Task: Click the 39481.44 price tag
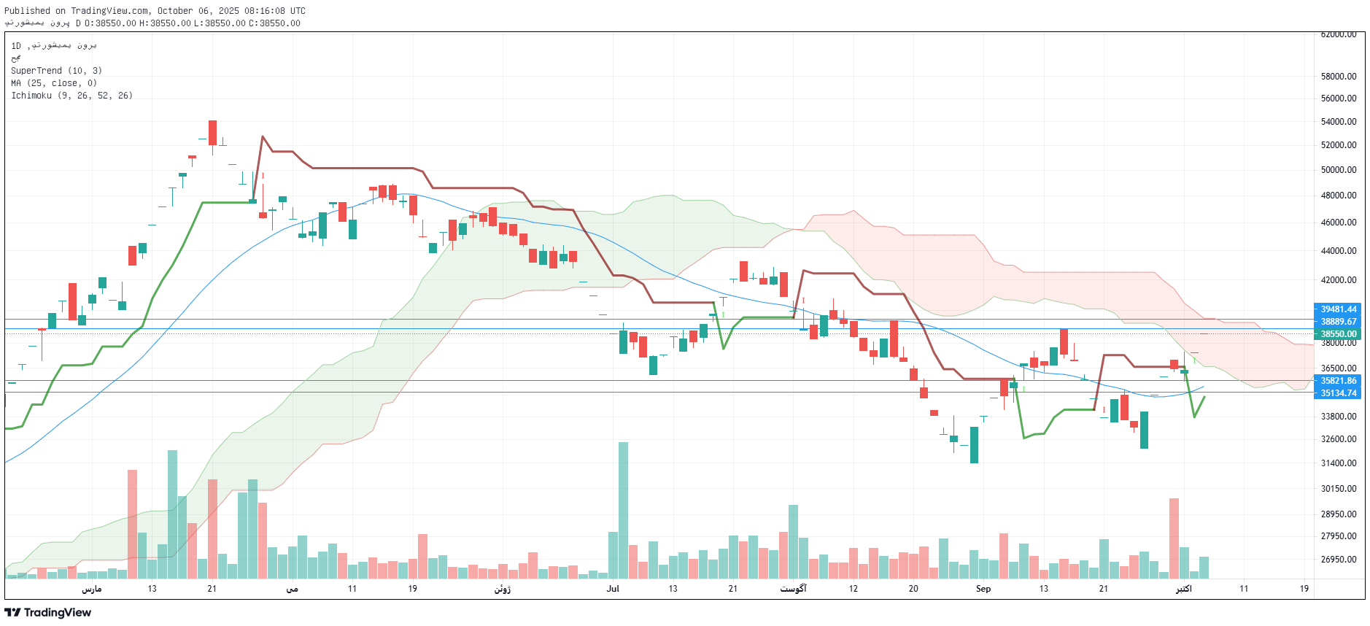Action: (x=1338, y=309)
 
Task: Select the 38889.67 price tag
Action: (x=1338, y=322)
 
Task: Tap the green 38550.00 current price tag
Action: (x=1338, y=334)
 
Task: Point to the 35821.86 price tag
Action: (x=1338, y=381)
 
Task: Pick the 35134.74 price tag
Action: (x=1338, y=393)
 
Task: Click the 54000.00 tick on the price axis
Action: (x=1339, y=122)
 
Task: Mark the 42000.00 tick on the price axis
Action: (x=1339, y=280)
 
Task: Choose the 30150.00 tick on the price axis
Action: (x=1339, y=489)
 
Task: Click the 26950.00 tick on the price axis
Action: (x=1339, y=560)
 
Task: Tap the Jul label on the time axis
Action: (x=613, y=589)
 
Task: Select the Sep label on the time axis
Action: (x=983, y=589)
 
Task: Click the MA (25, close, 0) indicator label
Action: (x=54, y=83)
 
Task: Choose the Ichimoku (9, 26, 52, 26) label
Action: (x=71, y=96)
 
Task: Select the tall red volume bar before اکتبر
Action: (x=1174, y=538)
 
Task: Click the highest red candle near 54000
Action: (x=212, y=133)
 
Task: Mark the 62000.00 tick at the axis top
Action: (x=1339, y=34)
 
